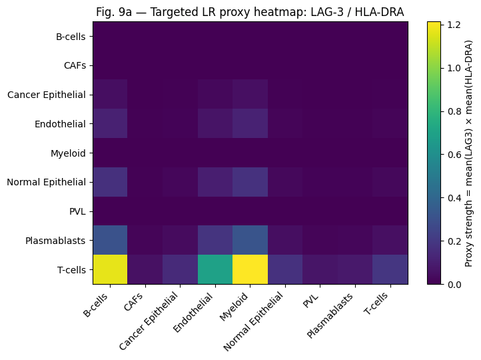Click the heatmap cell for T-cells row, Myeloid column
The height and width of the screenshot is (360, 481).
(250, 269)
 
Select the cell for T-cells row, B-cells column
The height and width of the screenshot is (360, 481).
(111, 269)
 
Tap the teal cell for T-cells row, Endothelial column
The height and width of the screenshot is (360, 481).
(215, 269)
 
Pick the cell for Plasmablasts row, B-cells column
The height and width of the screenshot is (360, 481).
(111, 240)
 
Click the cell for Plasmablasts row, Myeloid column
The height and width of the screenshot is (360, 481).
(250, 240)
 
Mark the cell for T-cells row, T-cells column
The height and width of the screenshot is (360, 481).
(389, 269)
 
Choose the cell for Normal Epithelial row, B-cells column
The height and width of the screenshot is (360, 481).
(111, 182)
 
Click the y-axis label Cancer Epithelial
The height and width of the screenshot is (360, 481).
(47, 95)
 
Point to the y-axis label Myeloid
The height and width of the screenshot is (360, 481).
(69, 153)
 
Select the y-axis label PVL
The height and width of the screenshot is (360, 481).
(77, 211)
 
